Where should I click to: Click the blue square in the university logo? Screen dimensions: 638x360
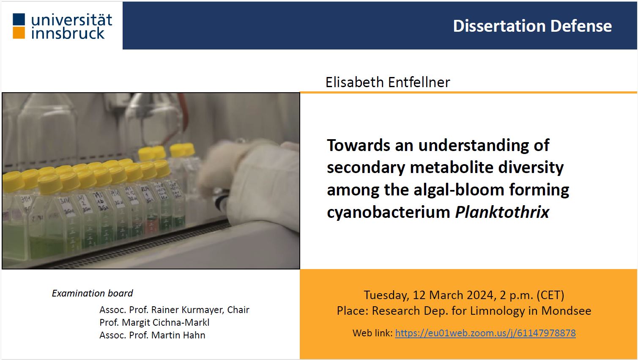point(19,19)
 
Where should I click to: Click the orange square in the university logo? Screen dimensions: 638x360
point(19,33)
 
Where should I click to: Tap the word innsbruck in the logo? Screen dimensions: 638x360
point(68,33)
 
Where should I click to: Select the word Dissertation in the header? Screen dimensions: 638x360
point(499,26)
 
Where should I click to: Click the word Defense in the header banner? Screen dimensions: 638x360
point(581,26)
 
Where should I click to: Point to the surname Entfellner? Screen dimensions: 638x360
point(419,82)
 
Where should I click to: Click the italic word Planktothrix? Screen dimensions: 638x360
point(502,212)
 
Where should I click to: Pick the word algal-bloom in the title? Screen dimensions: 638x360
point(459,190)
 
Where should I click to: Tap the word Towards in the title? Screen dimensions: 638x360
point(358,145)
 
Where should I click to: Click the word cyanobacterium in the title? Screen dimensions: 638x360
point(389,212)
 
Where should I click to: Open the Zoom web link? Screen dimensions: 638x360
point(485,333)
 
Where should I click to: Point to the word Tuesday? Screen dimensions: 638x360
point(386,295)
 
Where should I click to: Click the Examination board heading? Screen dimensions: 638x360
point(92,293)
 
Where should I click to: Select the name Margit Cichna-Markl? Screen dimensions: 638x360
point(165,322)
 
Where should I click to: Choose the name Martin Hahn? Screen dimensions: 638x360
point(178,335)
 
